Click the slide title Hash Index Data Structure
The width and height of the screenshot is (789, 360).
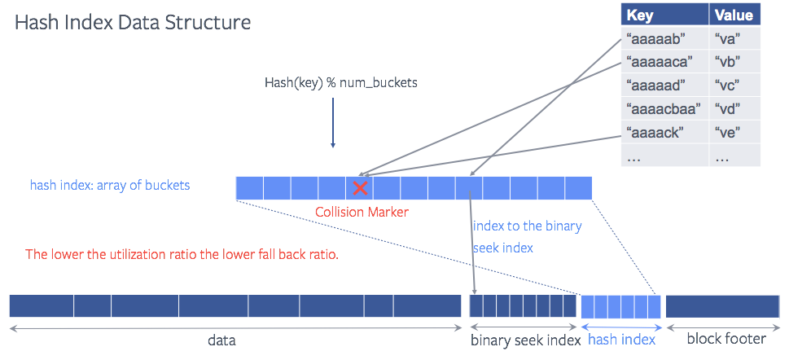133,22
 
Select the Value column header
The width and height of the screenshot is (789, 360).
733,15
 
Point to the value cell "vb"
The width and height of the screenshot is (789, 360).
726,61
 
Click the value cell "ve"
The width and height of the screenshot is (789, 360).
726,132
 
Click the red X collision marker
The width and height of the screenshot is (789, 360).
359,188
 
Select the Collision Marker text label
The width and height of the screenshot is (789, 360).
362,212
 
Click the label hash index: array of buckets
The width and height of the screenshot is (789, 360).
110,186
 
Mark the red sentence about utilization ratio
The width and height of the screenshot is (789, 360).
182,254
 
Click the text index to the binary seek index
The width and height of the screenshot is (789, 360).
527,236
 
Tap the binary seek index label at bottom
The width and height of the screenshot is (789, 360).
525,340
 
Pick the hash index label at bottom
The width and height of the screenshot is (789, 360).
621,340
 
